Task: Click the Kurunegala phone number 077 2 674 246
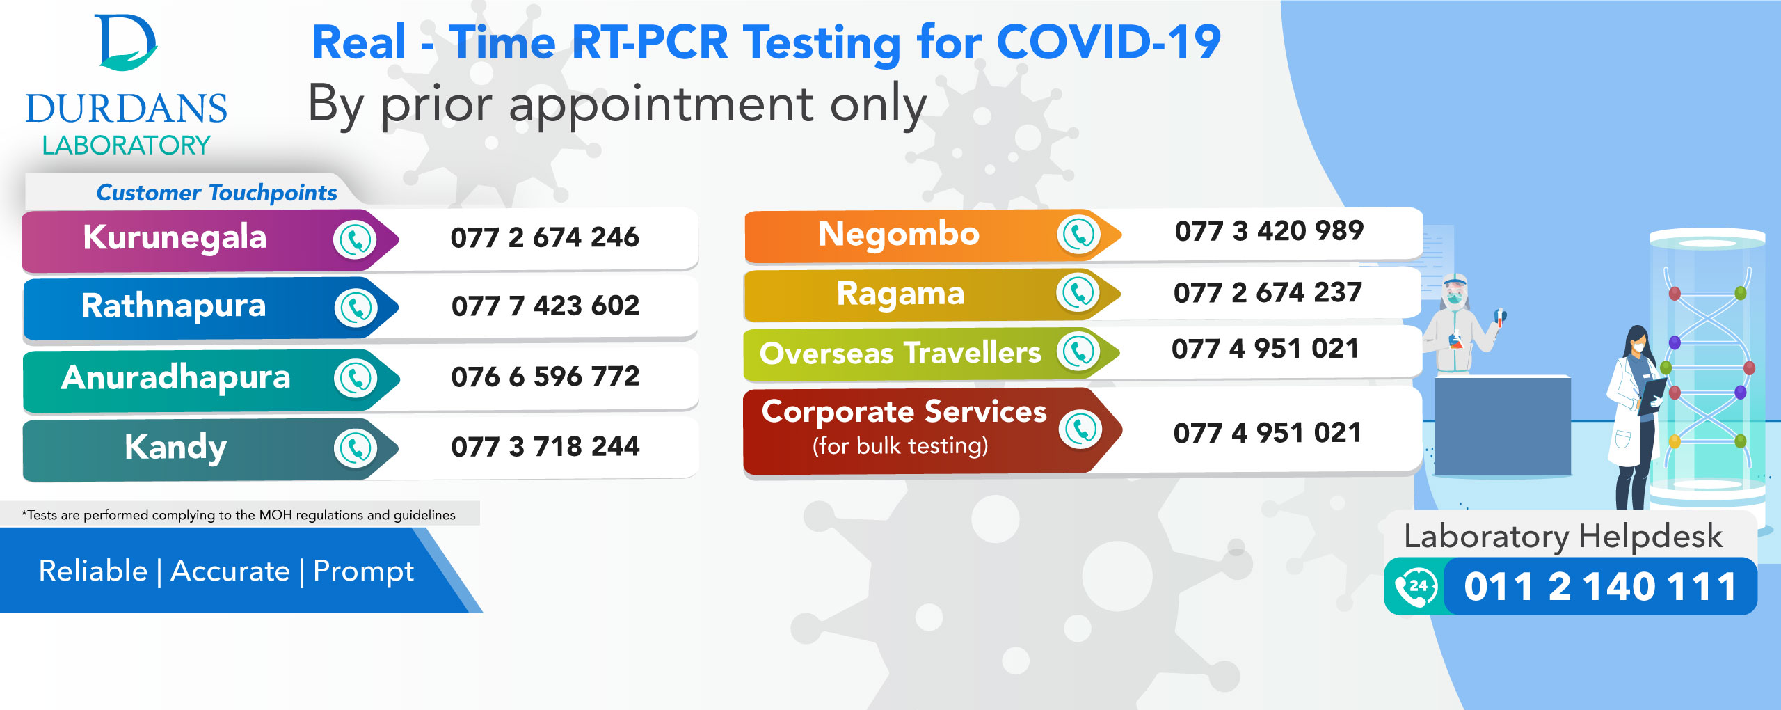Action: [x=544, y=237]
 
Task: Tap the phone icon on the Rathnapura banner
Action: [x=356, y=308]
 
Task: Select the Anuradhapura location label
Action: [x=175, y=377]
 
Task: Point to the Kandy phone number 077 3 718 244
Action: [x=545, y=446]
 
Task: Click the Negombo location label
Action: [x=898, y=234]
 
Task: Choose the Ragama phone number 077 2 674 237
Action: [x=1267, y=292]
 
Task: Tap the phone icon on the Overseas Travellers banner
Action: [x=1078, y=351]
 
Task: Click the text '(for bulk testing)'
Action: [x=900, y=445]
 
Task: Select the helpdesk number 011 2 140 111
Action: [x=1600, y=586]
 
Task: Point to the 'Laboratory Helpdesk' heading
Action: [x=1563, y=536]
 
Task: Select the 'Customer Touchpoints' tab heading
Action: [x=216, y=192]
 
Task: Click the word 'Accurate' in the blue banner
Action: [x=230, y=571]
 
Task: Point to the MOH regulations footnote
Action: [x=239, y=515]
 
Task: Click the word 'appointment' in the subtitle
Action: [x=661, y=104]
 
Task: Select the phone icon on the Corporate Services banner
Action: [x=1080, y=429]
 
